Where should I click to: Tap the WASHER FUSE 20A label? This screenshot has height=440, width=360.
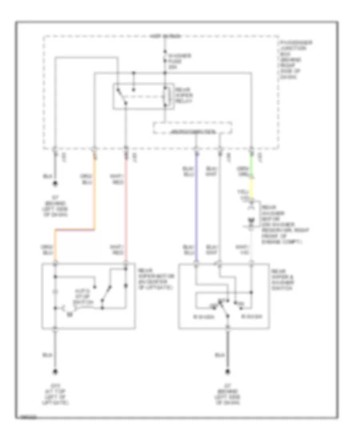pyautogui.click(x=174, y=61)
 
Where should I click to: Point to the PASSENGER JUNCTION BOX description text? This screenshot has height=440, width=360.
pyautogui.click(x=291, y=60)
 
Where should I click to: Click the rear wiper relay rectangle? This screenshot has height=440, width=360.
pyautogui.click(x=143, y=96)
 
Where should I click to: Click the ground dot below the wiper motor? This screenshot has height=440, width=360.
pyautogui.click(x=56, y=371)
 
